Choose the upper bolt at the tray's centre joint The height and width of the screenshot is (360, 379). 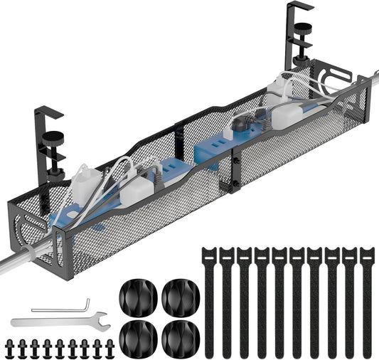[235, 163]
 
